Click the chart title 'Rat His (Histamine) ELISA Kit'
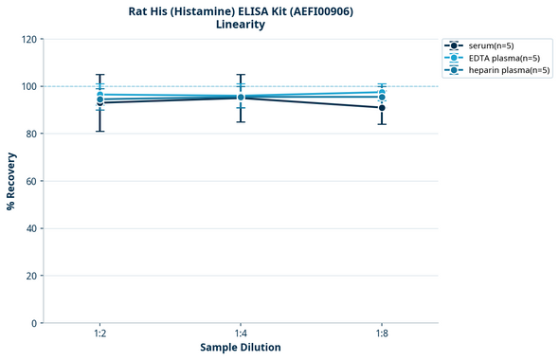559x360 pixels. [x=241, y=11]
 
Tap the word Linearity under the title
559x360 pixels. [x=241, y=25]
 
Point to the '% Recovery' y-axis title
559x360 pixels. [x=11, y=181]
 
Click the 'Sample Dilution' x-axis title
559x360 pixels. [x=241, y=348]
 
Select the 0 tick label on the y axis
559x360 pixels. [x=33, y=323]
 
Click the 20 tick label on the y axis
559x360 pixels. [x=30, y=276]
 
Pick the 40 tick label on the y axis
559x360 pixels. [x=30, y=228]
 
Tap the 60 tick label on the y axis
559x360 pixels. [x=30, y=181]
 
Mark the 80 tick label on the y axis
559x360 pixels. [x=30, y=134]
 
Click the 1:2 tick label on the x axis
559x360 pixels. [x=99, y=333]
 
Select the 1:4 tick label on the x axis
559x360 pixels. [x=241, y=333]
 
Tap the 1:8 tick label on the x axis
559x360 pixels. [x=382, y=333]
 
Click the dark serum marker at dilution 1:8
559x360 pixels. [x=382, y=108]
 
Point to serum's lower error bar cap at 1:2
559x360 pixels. [x=99, y=131]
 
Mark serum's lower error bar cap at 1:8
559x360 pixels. [x=382, y=124]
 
